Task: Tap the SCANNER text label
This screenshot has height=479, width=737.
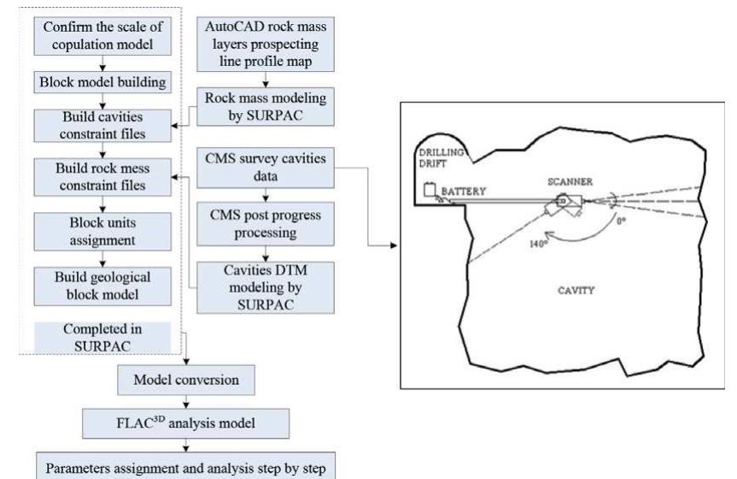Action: [x=569, y=182]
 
